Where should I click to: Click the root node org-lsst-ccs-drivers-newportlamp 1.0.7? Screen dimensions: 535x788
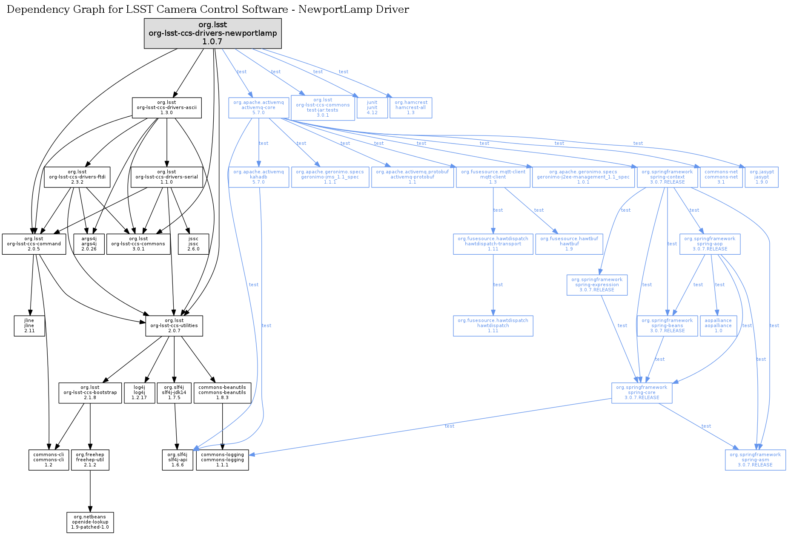pos(212,33)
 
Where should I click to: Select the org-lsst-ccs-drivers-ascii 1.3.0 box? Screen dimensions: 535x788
pos(166,108)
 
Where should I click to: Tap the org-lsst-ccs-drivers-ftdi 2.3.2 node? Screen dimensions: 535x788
pos(77,177)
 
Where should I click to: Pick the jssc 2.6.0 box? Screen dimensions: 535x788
pos(193,244)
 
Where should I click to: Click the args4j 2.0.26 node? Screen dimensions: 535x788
pos(89,244)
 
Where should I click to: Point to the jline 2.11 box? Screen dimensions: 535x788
pos(29,326)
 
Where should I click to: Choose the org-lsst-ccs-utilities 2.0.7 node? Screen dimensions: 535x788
pos(174,326)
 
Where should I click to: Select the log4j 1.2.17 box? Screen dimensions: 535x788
pos(139,393)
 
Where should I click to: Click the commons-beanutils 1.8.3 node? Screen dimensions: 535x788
pos(222,393)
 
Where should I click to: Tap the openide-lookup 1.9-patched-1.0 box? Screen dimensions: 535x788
pos(90,522)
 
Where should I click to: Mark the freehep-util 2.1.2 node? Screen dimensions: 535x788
pos(90,460)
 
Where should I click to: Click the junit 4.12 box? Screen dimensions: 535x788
pos(372,108)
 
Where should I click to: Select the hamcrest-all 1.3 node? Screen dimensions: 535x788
pos(410,108)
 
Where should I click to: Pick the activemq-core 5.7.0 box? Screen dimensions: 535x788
pos(258,108)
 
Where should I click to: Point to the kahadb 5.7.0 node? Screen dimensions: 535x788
pos(258,177)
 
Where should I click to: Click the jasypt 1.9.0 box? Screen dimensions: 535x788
pos(761,177)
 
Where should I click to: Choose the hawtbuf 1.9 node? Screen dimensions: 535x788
pos(569,244)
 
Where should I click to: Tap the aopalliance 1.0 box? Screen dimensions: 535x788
pos(718,326)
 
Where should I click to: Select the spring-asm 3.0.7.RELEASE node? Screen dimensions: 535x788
pos(755,460)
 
